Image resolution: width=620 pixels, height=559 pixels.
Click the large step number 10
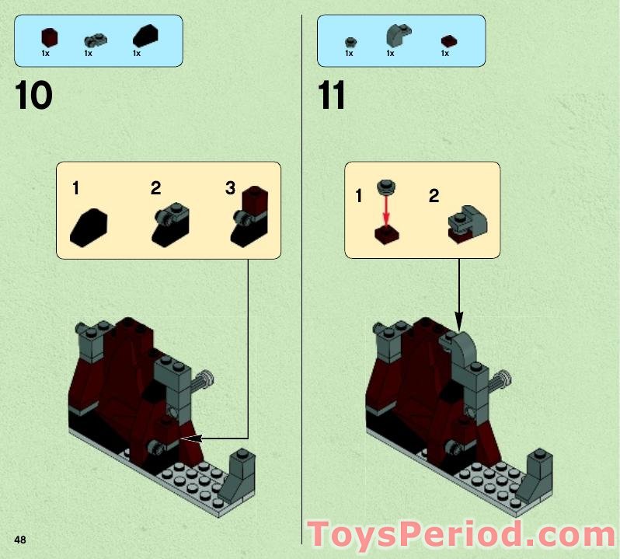coord(33,96)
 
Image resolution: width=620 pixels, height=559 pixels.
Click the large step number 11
coord(332,96)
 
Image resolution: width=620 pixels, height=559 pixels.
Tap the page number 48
coord(19,540)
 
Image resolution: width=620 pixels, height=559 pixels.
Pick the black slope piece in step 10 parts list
coord(145,36)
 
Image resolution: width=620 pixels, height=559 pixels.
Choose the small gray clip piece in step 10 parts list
coord(96,38)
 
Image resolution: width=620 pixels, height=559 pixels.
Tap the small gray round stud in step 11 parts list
coord(350,40)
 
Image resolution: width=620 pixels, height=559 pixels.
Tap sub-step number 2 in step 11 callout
coord(434,195)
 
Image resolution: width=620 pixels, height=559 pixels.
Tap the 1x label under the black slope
coord(137,54)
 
